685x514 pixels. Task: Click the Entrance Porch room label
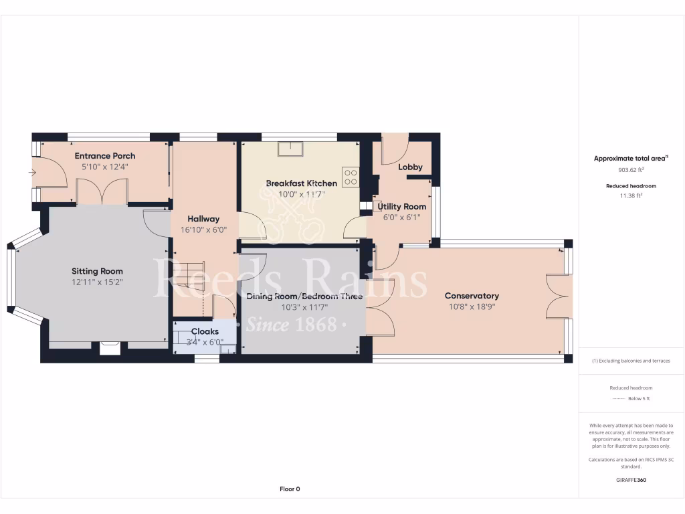click(x=104, y=156)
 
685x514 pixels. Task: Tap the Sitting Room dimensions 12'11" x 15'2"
click(x=98, y=282)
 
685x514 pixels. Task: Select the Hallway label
click(x=203, y=219)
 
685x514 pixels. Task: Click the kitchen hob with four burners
click(x=351, y=177)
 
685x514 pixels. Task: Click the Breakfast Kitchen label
click(x=301, y=183)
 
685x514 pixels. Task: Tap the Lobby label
click(x=410, y=167)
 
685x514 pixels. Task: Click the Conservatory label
click(x=472, y=296)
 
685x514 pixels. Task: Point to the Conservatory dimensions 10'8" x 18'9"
click(x=472, y=307)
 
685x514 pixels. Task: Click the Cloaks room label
click(x=205, y=331)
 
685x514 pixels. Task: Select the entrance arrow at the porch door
click(x=32, y=173)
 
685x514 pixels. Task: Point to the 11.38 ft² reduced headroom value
click(x=631, y=195)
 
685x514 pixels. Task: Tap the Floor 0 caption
click(x=289, y=489)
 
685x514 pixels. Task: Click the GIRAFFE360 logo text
click(x=631, y=480)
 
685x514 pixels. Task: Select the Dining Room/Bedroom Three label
click(x=304, y=296)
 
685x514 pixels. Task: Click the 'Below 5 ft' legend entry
click(x=638, y=399)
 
